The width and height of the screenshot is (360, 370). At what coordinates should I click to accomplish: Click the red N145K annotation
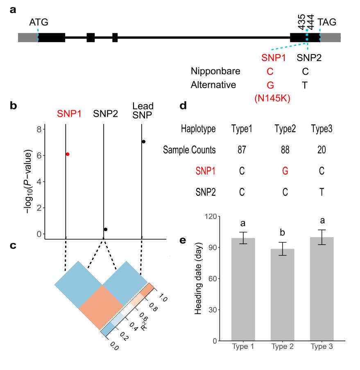point(270,99)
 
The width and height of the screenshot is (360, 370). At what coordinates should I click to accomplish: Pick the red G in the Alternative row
point(270,85)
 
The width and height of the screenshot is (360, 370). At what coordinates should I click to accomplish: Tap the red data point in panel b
point(68,154)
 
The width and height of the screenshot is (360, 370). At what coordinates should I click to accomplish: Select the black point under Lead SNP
point(143,141)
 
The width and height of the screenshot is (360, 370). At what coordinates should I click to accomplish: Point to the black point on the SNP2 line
point(105,229)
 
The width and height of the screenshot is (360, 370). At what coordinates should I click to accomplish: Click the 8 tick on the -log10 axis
point(39,129)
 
